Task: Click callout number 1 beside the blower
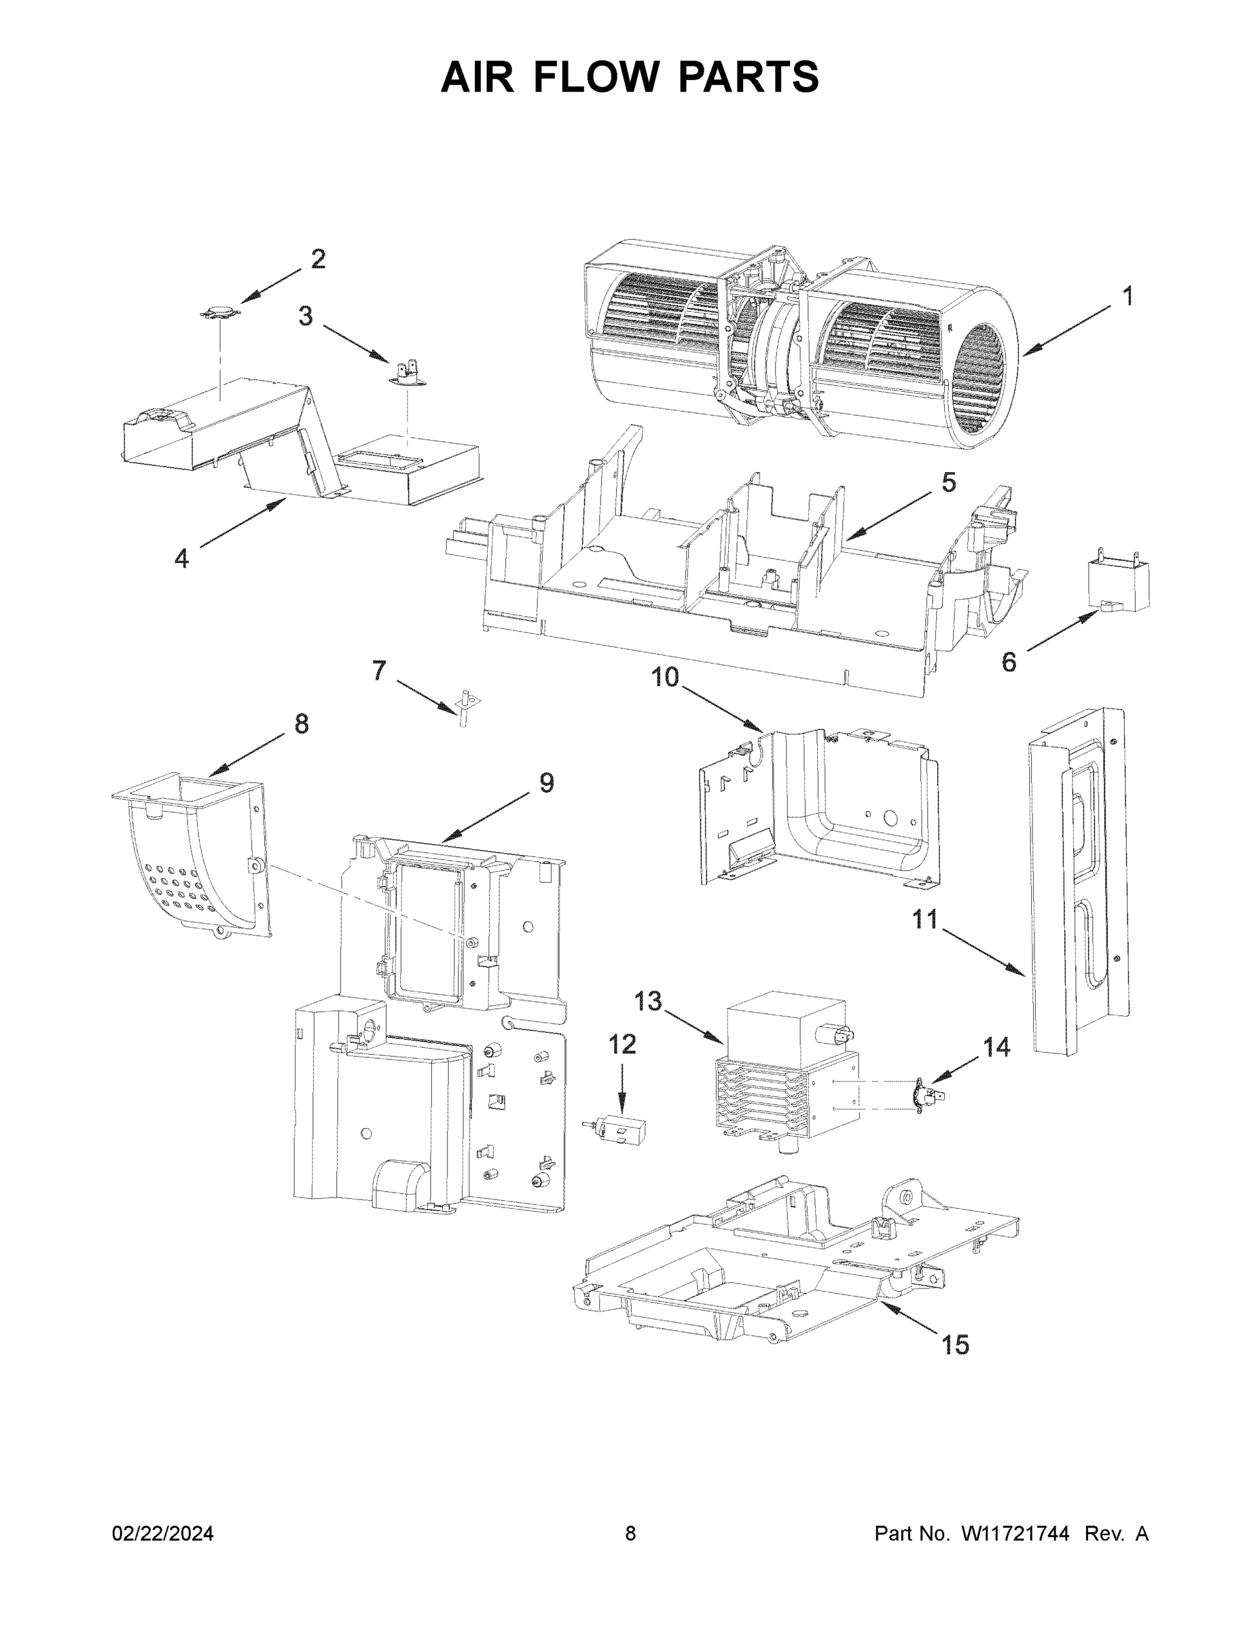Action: [x=1128, y=297]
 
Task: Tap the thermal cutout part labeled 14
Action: [x=926, y=1096]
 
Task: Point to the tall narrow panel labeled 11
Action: [x=1077, y=881]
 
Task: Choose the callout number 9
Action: [x=546, y=783]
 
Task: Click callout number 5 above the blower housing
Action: [x=948, y=483]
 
